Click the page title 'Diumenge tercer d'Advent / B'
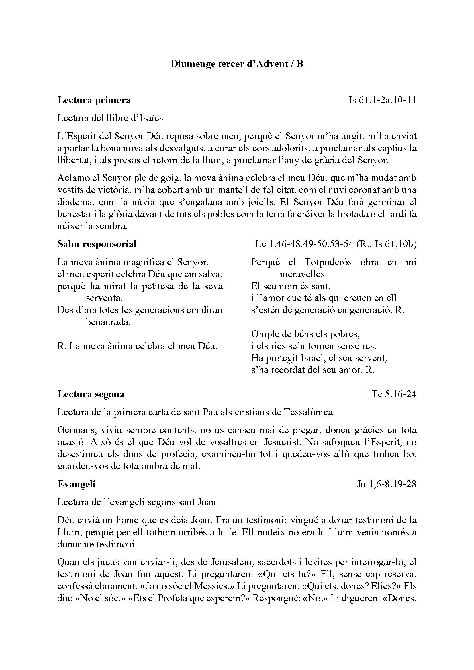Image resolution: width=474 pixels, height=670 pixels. pos(237,64)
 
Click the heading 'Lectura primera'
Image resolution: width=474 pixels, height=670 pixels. pos(94,100)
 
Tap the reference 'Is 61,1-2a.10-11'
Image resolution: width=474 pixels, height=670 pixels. pos(382,100)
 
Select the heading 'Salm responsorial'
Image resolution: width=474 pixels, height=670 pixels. pos(97,244)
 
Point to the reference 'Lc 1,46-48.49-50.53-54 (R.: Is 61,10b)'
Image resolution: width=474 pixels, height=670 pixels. pos(336,244)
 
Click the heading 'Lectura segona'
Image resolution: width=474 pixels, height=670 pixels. pos(91,394)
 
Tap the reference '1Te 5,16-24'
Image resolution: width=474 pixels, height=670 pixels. pos(391,394)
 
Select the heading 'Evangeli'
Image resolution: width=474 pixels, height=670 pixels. pos(77,484)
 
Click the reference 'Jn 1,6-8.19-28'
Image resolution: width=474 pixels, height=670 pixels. pos(386,484)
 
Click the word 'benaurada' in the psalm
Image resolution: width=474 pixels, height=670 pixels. pos(108,322)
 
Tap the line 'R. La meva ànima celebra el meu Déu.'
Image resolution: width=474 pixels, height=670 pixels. pos(138,346)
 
